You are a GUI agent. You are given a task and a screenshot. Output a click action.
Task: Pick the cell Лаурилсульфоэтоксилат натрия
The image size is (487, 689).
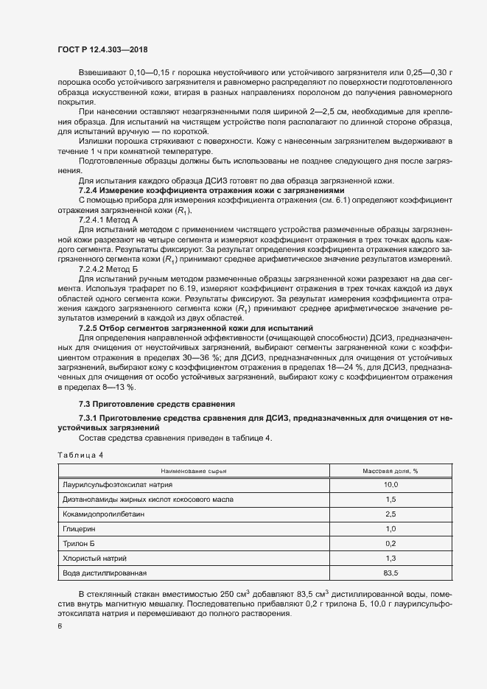pos(119,484)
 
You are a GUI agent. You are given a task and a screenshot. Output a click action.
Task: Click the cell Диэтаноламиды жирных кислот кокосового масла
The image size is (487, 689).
pos(148,499)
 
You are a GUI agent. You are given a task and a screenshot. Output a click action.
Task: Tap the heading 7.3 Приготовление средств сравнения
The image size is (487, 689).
pos(156,404)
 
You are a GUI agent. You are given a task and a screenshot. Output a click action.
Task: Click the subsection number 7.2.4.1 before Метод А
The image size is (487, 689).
pos(93,220)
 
